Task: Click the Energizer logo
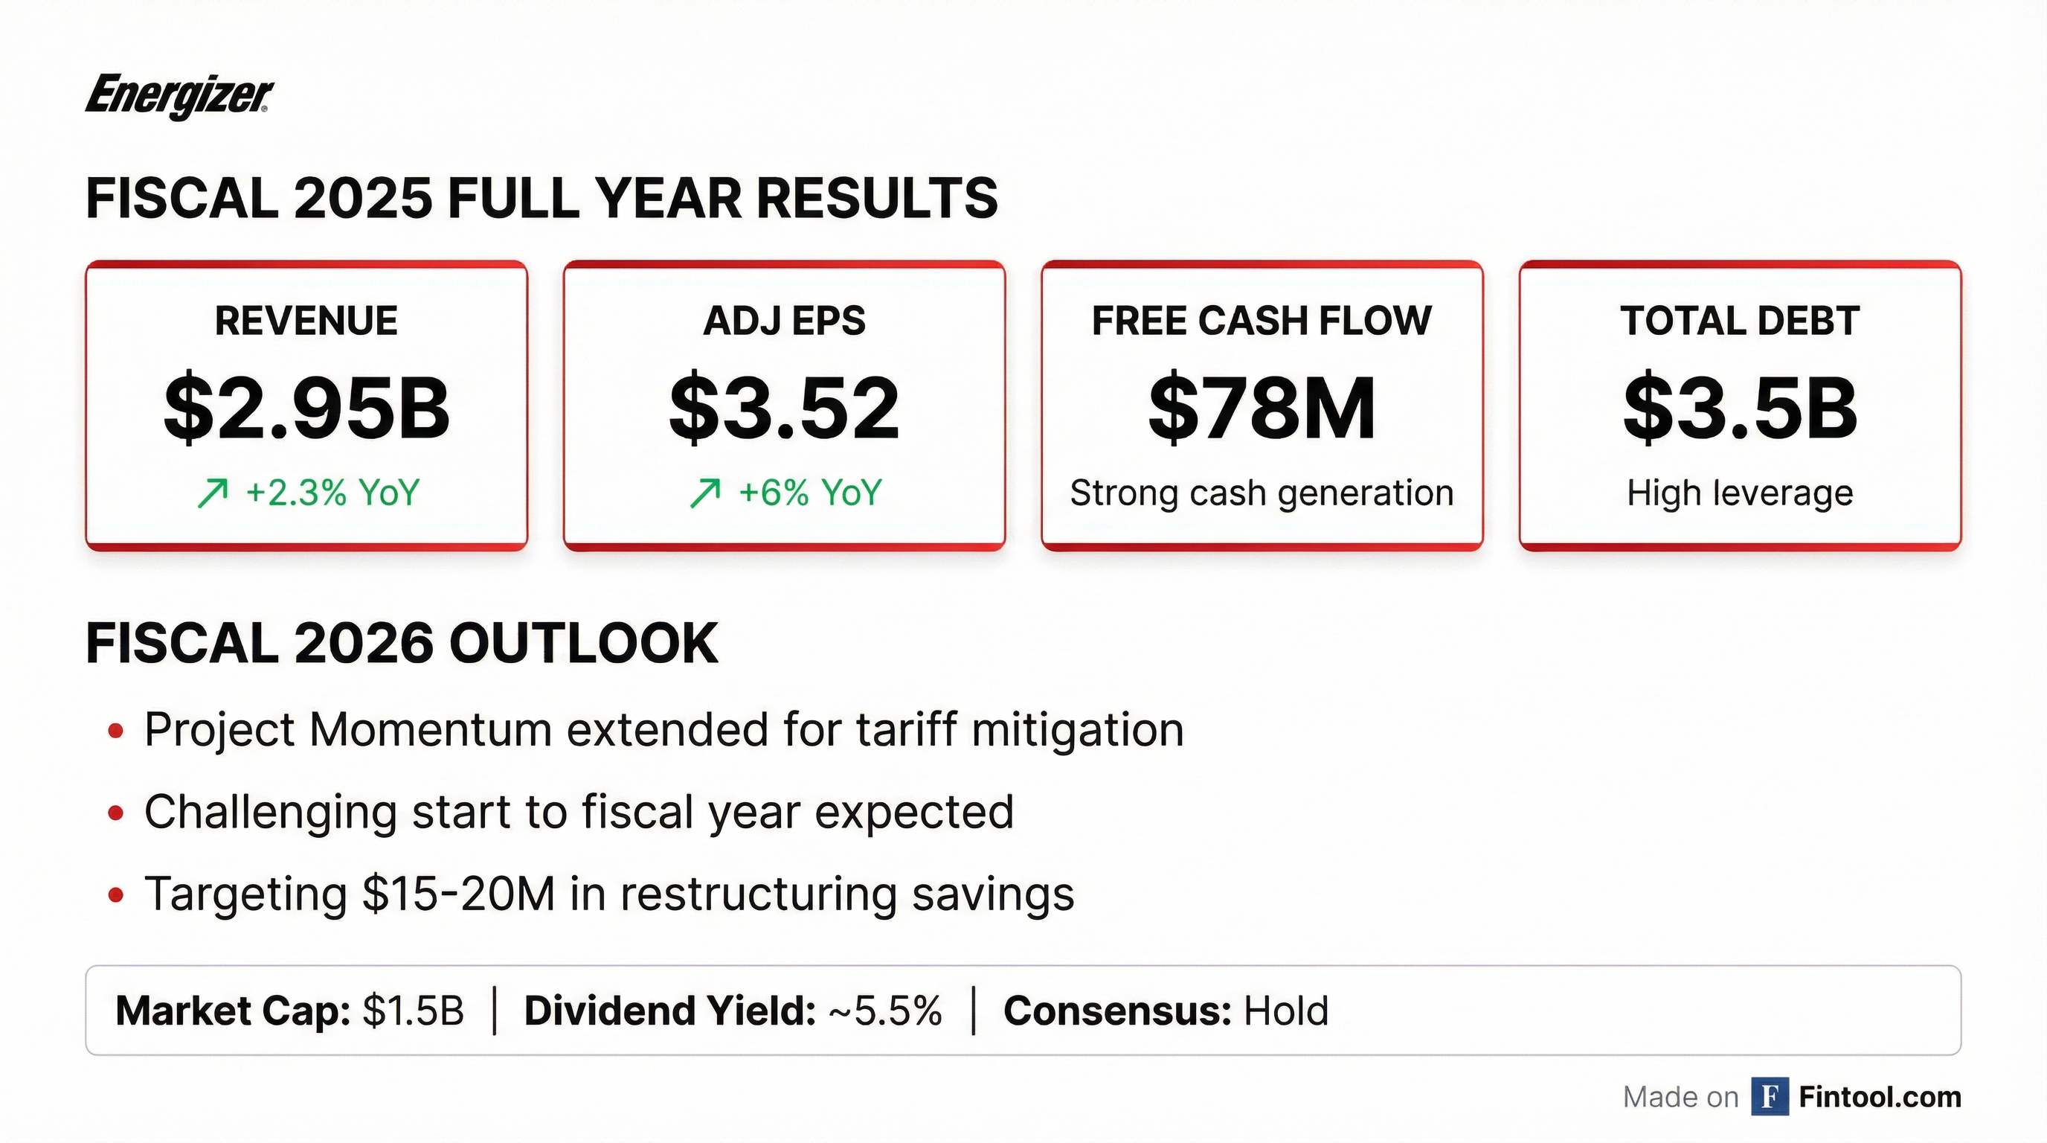point(179,97)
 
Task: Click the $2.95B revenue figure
point(306,409)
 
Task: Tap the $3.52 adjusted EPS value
point(784,409)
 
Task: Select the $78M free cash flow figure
point(1262,409)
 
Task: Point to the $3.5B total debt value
point(1740,409)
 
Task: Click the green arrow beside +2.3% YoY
point(212,493)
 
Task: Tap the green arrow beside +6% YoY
point(705,493)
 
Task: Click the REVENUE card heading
point(306,321)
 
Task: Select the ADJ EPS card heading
point(784,321)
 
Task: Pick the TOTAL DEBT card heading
point(1740,321)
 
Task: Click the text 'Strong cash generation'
point(1262,493)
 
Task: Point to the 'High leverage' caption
point(1740,493)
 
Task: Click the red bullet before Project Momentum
point(116,731)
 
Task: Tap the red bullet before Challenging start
point(116,813)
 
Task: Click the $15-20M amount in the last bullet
point(458,894)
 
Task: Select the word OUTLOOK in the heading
point(584,643)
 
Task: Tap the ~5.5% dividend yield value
point(885,1011)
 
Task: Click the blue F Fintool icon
point(1770,1097)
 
